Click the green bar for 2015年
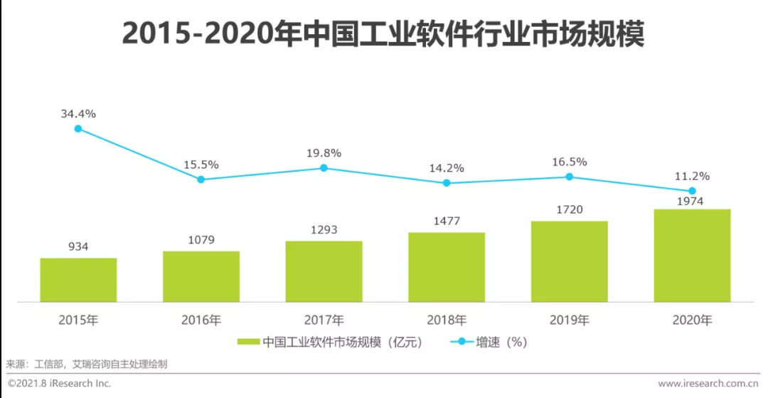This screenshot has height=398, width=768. pos(78,279)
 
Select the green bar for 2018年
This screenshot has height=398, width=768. pos(447,266)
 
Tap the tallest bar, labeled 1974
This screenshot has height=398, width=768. pos(692,255)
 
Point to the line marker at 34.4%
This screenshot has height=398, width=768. pos(78,129)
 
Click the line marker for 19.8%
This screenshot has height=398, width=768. pos(324,168)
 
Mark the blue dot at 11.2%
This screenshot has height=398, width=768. pos(692,191)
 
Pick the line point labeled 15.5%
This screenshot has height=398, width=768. pos(201,179)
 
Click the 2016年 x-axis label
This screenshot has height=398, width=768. pos(201,320)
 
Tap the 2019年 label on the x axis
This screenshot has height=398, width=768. pos(569,320)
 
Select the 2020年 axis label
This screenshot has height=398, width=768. pos(692,320)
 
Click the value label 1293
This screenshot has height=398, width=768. pos(324,230)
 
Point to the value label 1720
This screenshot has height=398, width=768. pos(569,210)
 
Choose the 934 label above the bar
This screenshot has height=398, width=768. pos(78,247)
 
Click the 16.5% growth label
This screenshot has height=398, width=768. pos(569,162)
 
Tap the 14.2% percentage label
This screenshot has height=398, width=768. pos(447,168)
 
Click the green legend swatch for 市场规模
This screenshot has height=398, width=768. pos(248,342)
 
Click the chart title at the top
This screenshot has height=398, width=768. pos(383,34)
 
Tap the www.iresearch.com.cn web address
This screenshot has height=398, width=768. pos(710,384)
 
